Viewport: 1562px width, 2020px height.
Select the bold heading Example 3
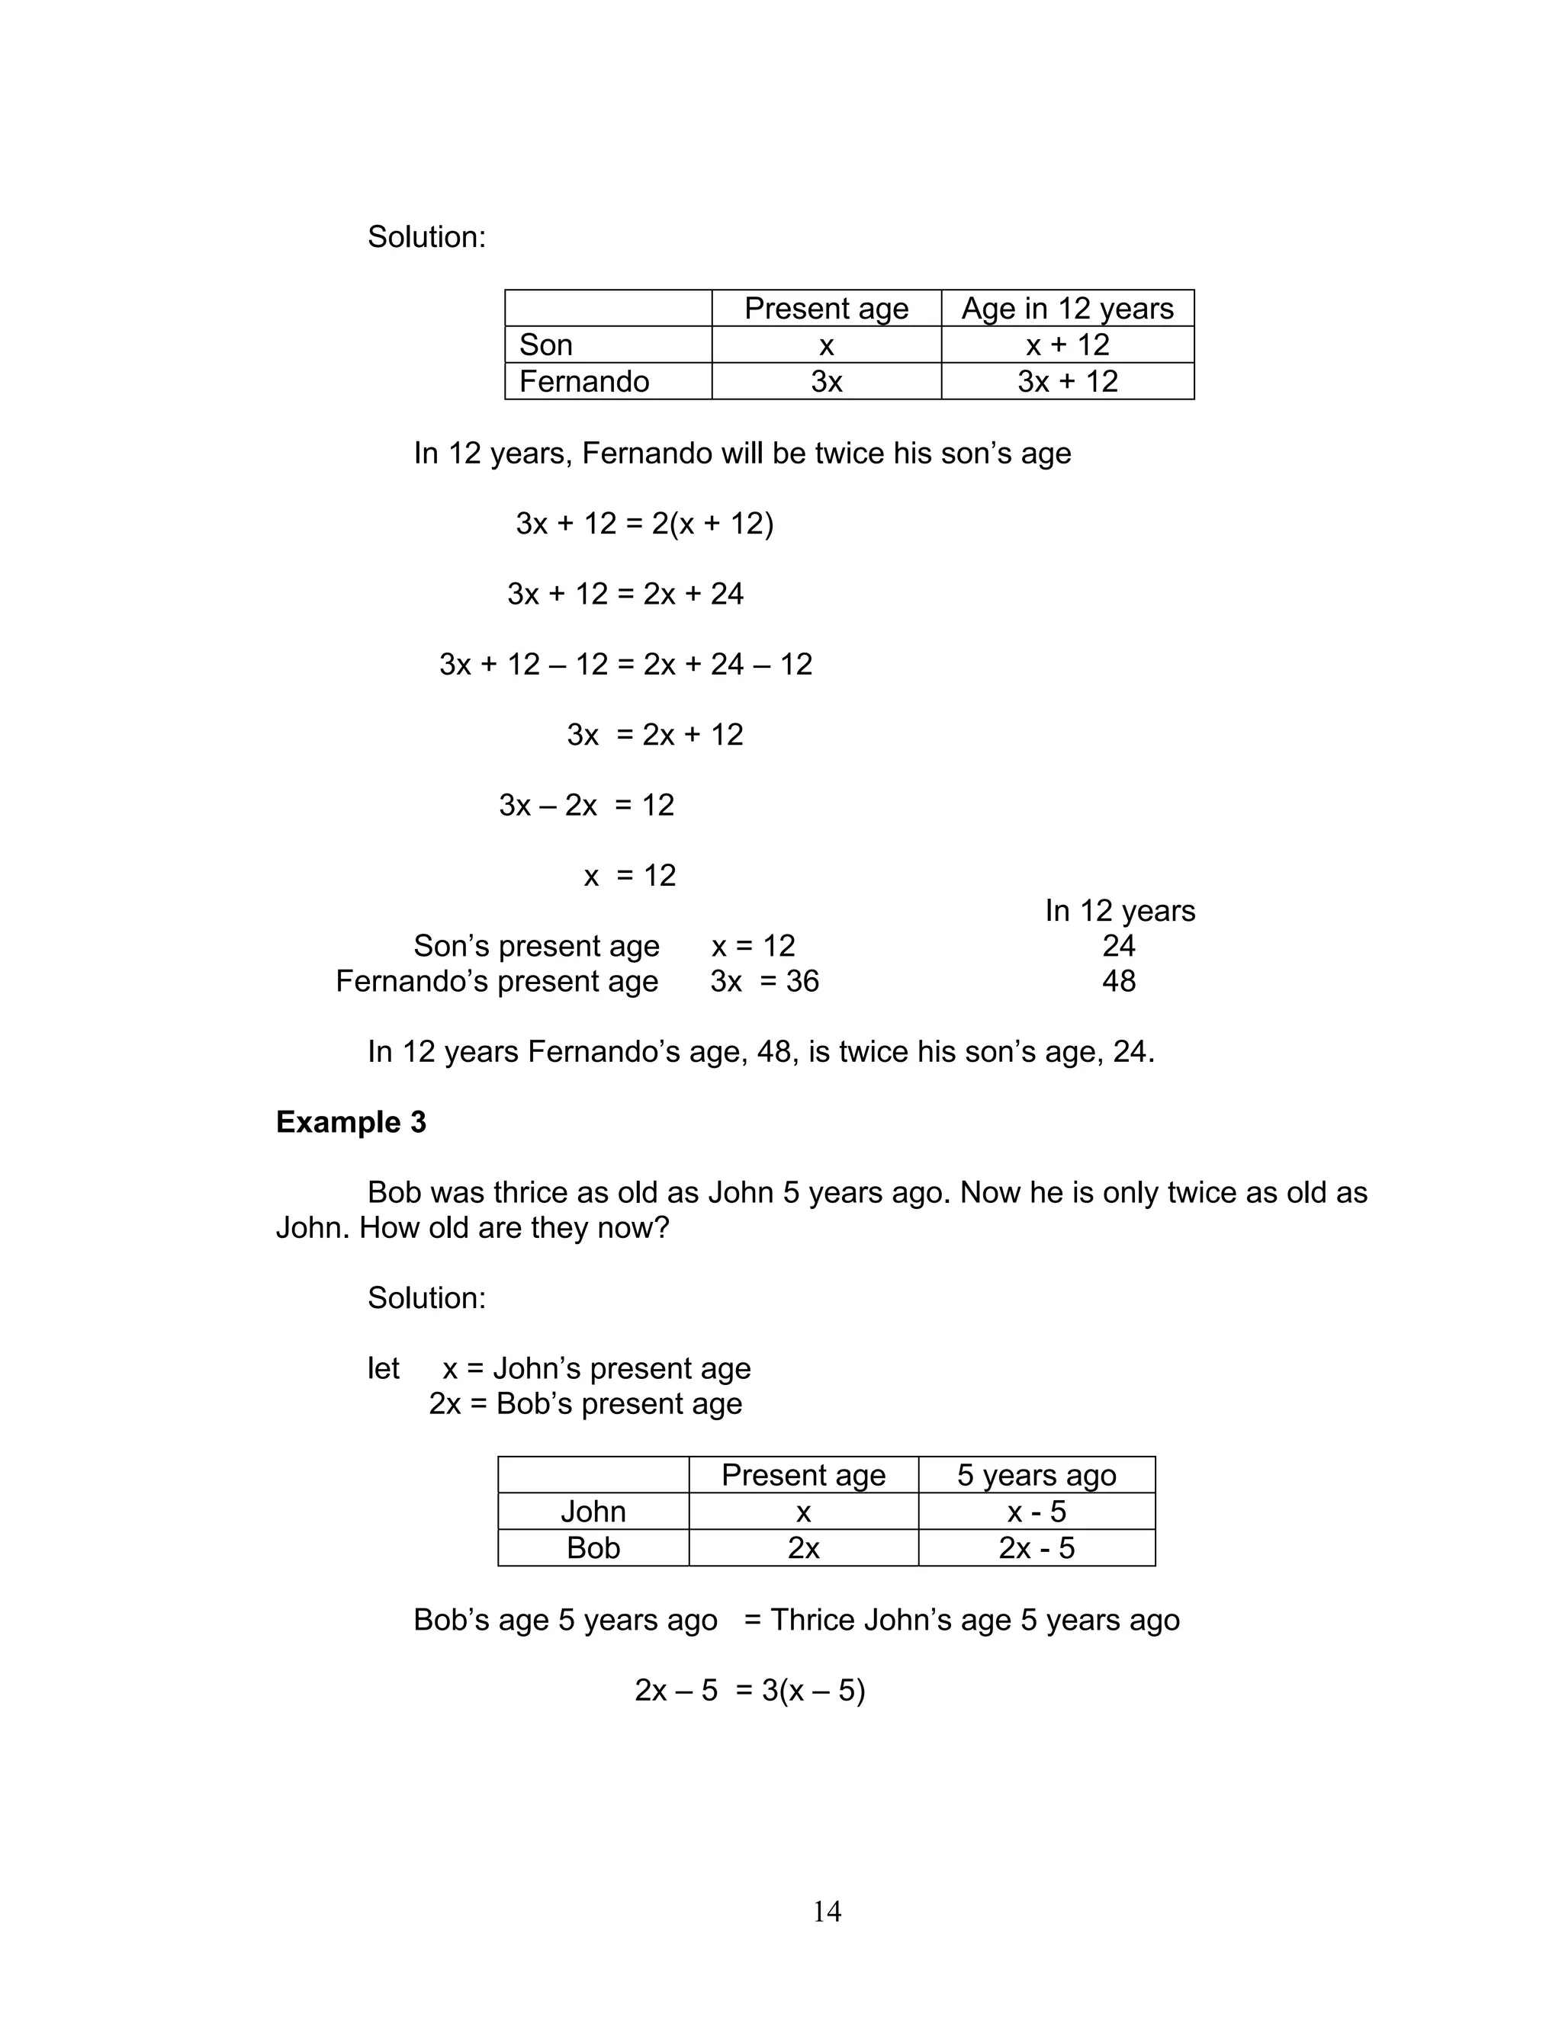click(x=351, y=1122)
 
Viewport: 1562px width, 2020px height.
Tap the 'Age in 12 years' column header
click(x=1067, y=308)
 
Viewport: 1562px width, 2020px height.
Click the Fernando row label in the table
click(x=584, y=381)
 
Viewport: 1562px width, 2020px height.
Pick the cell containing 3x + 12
click(x=1067, y=381)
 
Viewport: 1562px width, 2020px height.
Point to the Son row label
click(x=546, y=345)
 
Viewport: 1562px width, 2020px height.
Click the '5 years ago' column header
click(x=1037, y=1475)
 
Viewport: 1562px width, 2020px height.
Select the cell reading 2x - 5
click(x=1037, y=1547)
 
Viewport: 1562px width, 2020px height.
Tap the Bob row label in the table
click(x=593, y=1547)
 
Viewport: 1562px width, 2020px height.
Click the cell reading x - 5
click(x=1037, y=1512)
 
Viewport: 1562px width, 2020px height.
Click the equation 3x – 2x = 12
click(x=587, y=805)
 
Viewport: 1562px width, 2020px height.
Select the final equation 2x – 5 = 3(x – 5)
click(x=750, y=1690)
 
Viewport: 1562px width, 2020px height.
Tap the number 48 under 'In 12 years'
click(x=1119, y=980)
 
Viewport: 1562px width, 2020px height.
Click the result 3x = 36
click(x=764, y=980)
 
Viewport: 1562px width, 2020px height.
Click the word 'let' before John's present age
click(x=383, y=1368)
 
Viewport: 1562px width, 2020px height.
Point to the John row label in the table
click(x=593, y=1512)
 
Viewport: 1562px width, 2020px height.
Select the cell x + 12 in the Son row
click(x=1067, y=345)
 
